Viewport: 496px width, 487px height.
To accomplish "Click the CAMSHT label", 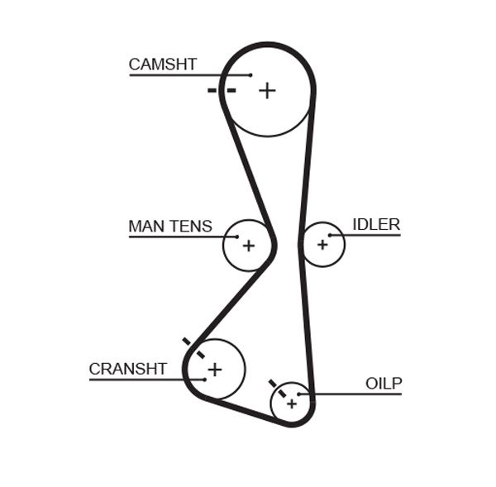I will pyautogui.click(x=162, y=64).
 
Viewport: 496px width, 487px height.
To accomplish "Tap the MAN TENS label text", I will pyautogui.click(x=170, y=226).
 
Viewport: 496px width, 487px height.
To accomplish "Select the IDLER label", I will pyautogui.click(x=376, y=224).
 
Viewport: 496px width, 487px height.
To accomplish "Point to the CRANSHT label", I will pyautogui.click(x=128, y=369).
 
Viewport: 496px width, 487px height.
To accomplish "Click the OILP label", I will pyautogui.click(x=384, y=383).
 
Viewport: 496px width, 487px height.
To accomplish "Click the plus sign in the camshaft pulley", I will pyautogui.click(x=266, y=90).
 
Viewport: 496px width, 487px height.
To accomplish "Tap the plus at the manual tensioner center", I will pyautogui.click(x=248, y=245).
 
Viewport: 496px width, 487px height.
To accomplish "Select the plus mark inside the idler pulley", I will pyautogui.click(x=322, y=244).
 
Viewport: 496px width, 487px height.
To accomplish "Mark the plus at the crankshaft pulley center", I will pyautogui.click(x=215, y=369).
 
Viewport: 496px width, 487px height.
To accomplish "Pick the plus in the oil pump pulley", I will pyautogui.click(x=291, y=403).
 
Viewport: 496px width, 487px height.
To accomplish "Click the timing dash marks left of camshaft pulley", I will pyautogui.click(x=222, y=89).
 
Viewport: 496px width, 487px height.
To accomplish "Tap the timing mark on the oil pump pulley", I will pyautogui.click(x=276, y=388).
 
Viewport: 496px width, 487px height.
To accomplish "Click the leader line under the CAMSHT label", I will pyautogui.click(x=182, y=75).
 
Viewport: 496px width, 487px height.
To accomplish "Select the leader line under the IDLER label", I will pyautogui.click(x=368, y=236).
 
